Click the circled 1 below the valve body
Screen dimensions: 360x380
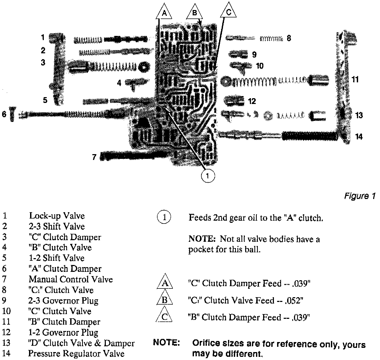click(x=208, y=176)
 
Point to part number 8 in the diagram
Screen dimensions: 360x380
click(x=289, y=38)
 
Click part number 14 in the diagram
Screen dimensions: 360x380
click(x=359, y=137)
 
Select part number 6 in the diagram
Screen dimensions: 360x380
click(x=4, y=114)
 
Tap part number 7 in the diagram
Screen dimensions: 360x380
click(x=94, y=157)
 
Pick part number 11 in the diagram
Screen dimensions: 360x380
click(x=355, y=79)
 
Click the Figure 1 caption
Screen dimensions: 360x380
click(x=360, y=196)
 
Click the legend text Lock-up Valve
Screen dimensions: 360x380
click(x=57, y=216)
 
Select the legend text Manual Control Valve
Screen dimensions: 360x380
click(x=70, y=279)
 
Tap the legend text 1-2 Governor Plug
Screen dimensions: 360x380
click(x=63, y=332)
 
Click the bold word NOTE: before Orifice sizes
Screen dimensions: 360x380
click(x=167, y=343)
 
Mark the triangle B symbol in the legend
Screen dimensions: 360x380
click(x=164, y=299)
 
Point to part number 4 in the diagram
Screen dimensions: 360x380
click(x=119, y=83)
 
